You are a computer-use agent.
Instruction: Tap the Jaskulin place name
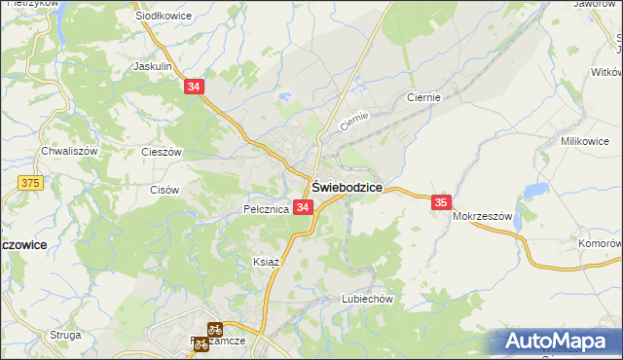(x=153, y=67)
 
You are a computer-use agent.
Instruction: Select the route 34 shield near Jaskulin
(x=195, y=88)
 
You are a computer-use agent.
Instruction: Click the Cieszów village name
(x=162, y=153)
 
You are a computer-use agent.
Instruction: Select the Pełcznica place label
(x=266, y=209)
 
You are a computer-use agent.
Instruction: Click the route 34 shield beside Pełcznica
(x=303, y=208)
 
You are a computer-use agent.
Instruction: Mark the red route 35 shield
(x=442, y=201)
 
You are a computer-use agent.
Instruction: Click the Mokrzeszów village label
(x=482, y=216)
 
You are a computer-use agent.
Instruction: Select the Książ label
(x=266, y=262)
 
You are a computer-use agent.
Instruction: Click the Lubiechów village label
(x=366, y=299)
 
